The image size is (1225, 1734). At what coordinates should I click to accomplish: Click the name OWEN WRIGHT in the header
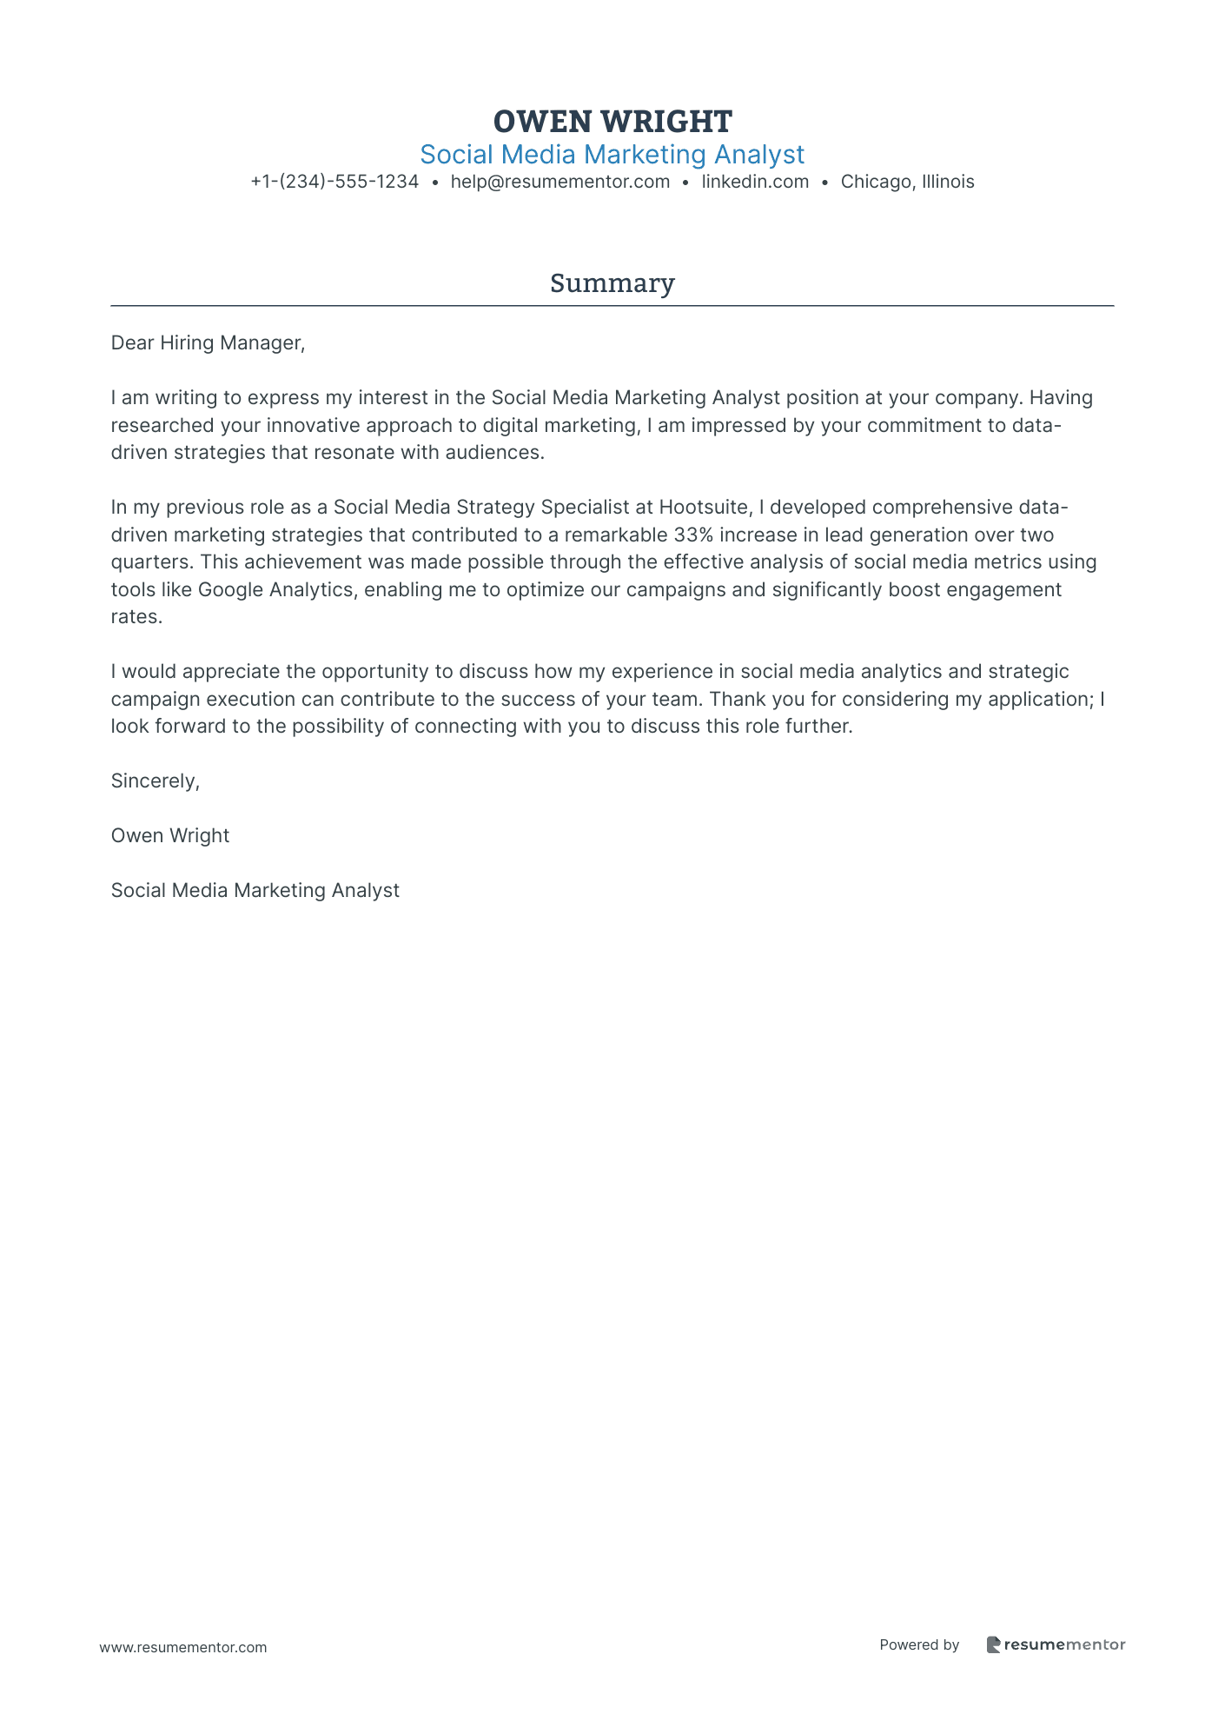coord(612,121)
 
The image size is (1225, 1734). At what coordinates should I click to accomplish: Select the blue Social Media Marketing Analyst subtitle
coord(612,155)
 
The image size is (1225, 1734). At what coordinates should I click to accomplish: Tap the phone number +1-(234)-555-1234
coord(334,182)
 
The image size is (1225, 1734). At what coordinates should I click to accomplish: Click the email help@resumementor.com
coord(560,182)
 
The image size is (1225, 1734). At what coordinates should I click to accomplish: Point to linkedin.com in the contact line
coord(755,182)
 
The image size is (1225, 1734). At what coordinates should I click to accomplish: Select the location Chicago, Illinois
coord(907,182)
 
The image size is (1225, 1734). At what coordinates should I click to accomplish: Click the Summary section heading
coord(612,283)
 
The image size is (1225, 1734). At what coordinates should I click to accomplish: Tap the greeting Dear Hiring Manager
coord(208,343)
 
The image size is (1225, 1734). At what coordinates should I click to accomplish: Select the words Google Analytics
coord(276,589)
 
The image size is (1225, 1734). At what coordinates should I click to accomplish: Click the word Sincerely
coord(155,781)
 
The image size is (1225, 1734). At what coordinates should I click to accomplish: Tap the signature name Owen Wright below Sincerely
coord(170,836)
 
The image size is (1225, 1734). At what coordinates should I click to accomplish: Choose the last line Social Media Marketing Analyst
coord(255,891)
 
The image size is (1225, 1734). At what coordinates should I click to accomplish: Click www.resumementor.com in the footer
coord(183,1647)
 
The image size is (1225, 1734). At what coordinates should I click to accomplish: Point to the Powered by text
coord(919,1644)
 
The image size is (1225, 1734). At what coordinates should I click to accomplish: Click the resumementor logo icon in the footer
coord(993,1644)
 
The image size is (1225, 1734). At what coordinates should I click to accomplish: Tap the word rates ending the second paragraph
coord(136,617)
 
